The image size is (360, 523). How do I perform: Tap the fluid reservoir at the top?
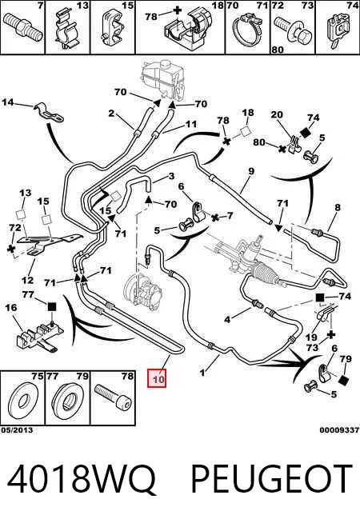tap(163, 79)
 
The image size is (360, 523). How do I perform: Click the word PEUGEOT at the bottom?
tap(271, 479)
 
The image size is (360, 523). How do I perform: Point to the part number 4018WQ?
tap(82, 479)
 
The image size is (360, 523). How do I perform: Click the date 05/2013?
tap(17, 430)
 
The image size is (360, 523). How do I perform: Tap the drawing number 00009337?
tap(339, 430)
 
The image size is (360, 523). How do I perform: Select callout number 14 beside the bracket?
tap(8, 102)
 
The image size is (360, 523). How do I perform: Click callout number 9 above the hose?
tap(251, 171)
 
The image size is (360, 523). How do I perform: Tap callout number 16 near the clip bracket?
tap(11, 307)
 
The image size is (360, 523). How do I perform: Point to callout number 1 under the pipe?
tap(202, 372)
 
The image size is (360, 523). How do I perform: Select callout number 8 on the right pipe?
tap(338, 207)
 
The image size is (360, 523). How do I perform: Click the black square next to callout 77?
tap(52, 306)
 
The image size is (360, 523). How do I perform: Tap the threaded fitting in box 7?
tap(22, 26)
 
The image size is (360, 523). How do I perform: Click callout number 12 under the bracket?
tap(28, 280)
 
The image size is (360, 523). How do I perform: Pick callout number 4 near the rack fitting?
tap(227, 320)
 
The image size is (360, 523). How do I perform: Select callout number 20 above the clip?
tap(277, 114)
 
